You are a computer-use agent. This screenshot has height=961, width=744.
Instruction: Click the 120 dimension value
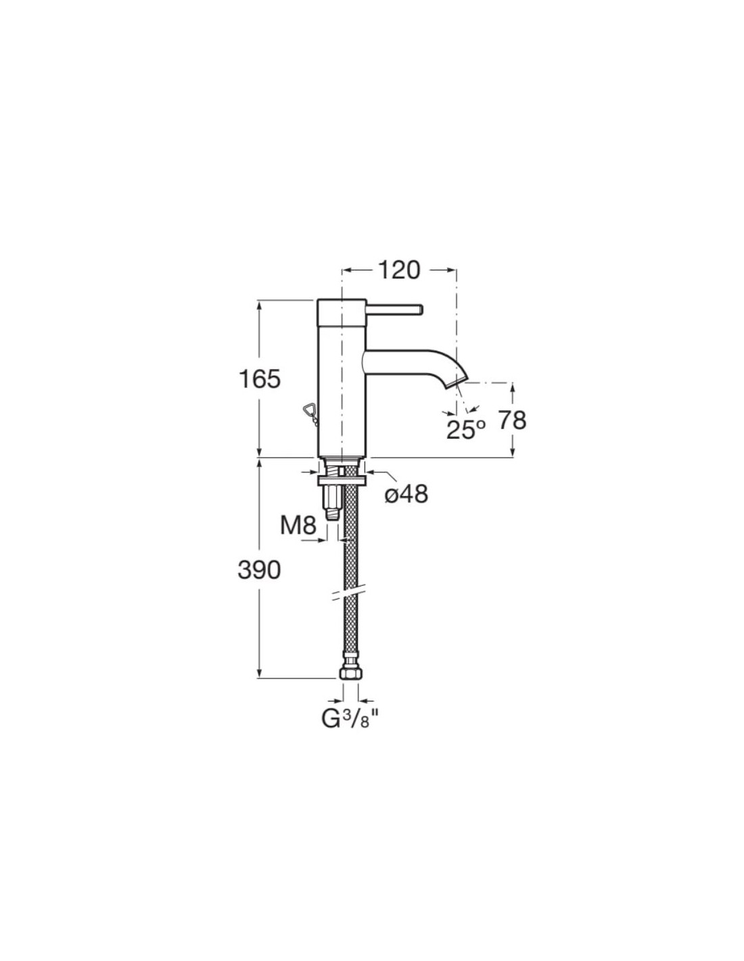click(398, 270)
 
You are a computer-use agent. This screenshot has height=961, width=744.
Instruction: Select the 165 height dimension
click(260, 379)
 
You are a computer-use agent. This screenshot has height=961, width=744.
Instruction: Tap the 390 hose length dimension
click(259, 570)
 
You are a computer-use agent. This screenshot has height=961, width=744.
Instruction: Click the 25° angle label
click(465, 429)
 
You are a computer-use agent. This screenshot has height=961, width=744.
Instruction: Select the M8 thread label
click(298, 526)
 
